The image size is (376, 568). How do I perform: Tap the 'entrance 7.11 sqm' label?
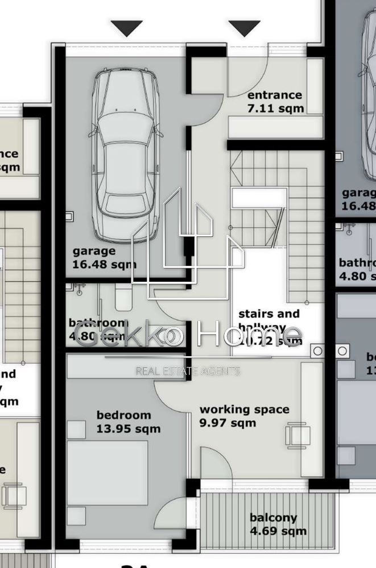click(275, 102)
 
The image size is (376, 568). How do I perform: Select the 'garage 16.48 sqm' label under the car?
click(104, 257)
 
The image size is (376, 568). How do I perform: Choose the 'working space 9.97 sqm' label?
click(243, 416)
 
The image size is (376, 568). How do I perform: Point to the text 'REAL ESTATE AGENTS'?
click(187, 371)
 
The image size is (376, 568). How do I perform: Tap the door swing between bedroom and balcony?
click(179, 515)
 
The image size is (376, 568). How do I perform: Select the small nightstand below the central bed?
click(76, 515)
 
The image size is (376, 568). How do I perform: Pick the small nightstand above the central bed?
click(76, 429)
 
